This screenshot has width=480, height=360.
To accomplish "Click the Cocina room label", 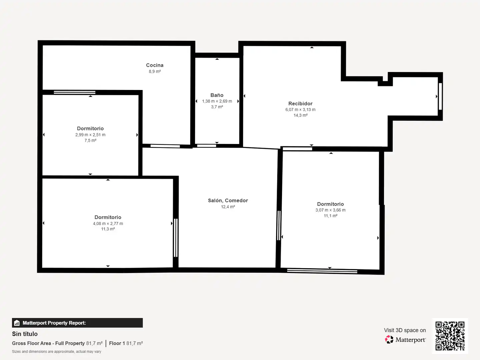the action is [155, 65].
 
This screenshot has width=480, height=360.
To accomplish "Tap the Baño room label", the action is [217, 95].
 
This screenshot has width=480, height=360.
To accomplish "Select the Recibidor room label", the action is [300, 103].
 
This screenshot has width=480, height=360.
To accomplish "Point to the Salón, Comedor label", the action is [228, 200].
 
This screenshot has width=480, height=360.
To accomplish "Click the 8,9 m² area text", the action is [155, 71].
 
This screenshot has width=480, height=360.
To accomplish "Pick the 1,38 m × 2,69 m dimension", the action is [217, 101].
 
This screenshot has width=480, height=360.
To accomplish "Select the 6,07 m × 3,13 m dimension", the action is [300, 110].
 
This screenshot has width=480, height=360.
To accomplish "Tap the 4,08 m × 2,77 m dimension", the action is [108, 223].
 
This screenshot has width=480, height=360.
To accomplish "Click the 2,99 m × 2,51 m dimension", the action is [90, 135].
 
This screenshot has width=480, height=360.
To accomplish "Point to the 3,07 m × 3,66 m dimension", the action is [330, 210].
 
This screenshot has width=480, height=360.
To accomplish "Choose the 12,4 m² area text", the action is [228, 207].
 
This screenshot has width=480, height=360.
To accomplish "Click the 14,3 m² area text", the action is [300, 115].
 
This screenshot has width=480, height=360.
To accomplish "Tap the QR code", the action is [450, 336].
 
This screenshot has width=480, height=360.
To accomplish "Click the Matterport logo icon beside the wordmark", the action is [389, 339].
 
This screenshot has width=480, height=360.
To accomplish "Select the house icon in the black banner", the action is [17, 323].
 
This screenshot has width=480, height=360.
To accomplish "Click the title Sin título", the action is [25, 334].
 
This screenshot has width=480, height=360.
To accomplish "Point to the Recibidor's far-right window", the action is [440, 96].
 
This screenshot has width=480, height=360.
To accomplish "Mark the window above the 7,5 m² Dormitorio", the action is [75, 92].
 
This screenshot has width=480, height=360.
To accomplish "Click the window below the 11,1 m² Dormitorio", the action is [322, 271].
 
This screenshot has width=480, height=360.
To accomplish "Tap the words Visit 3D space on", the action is [405, 330].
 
